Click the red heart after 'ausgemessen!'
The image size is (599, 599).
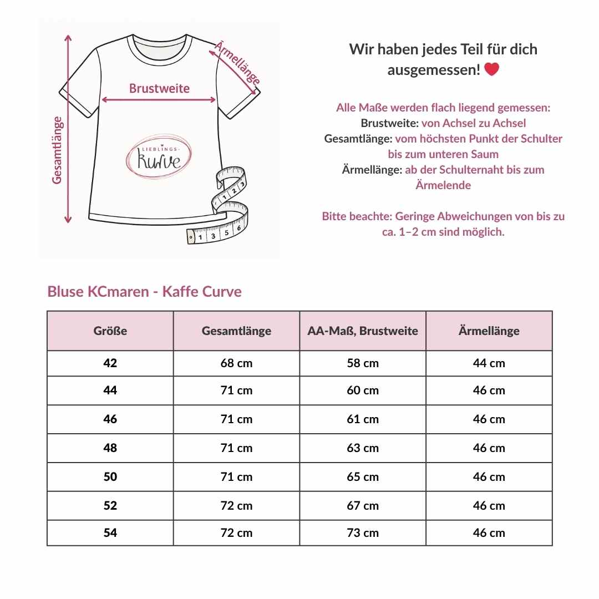click(x=491, y=70)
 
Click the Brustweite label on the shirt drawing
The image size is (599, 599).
click(x=159, y=88)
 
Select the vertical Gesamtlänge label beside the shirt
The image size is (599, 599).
click(x=57, y=150)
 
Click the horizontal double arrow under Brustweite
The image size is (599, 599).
click(x=159, y=100)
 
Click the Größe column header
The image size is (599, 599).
click(x=110, y=331)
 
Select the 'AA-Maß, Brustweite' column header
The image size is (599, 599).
click(x=363, y=331)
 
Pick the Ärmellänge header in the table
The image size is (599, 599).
click(x=489, y=331)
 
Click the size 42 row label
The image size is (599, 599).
click(x=110, y=363)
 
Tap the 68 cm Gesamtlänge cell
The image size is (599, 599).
click(x=236, y=363)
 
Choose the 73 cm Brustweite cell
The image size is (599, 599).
click(x=363, y=533)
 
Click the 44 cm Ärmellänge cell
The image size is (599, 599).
click(x=489, y=363)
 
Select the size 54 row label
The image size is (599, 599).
click(x=110, y=533)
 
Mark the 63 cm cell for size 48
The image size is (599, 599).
click(x=363, y=448)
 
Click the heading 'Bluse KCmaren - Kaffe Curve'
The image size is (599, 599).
click(x=144, y=292)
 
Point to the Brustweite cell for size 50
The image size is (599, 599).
click(x=363, y=477)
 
